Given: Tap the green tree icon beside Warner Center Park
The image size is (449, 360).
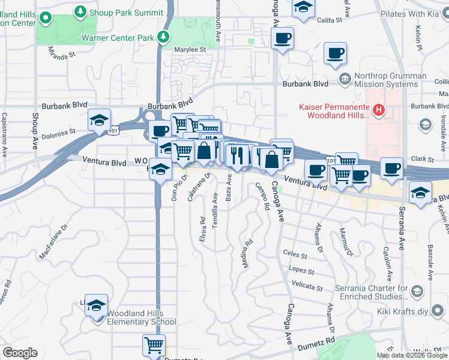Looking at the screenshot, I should (163, 37).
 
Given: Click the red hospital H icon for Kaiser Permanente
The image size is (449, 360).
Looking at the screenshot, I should (379, 109).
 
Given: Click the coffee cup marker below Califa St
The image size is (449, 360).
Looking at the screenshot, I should (282, 39).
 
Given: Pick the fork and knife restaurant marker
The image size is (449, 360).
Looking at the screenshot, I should (238, 155).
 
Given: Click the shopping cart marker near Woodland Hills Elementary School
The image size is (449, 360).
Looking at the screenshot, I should (154, 345).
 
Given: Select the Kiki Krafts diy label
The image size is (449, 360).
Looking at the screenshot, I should (406, 311).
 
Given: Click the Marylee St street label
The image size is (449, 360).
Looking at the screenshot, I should (190, 50).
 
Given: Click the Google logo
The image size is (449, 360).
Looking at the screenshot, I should (20, 353).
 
